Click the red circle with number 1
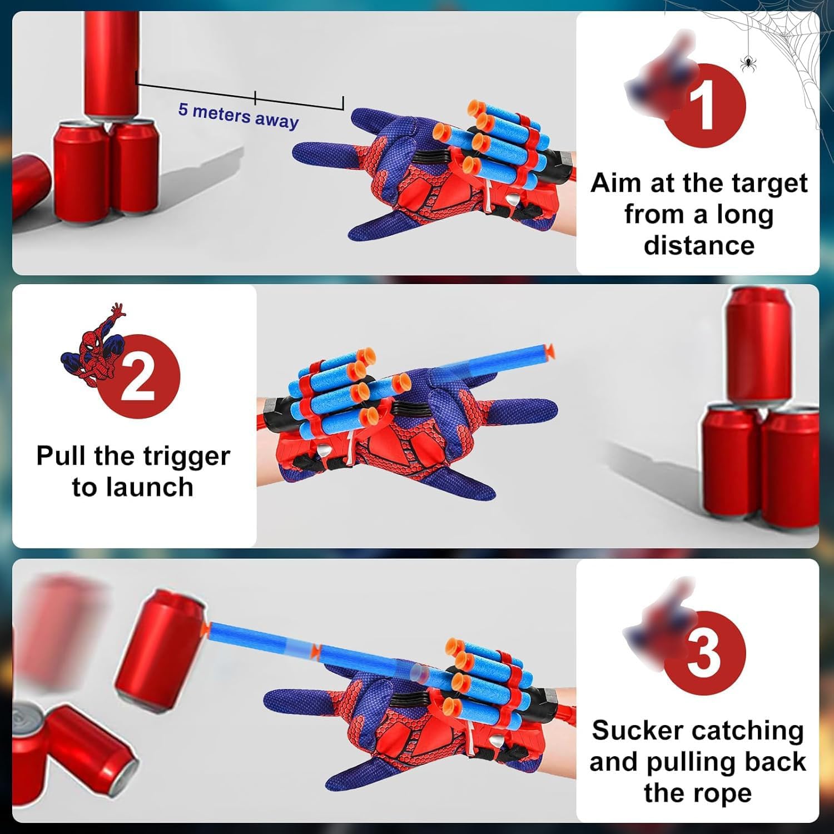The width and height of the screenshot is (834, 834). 704,106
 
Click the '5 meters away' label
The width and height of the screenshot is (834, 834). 238,116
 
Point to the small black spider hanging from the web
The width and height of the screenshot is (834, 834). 748,63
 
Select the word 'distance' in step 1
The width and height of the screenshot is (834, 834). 699,245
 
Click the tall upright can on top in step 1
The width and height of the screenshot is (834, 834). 111,61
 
